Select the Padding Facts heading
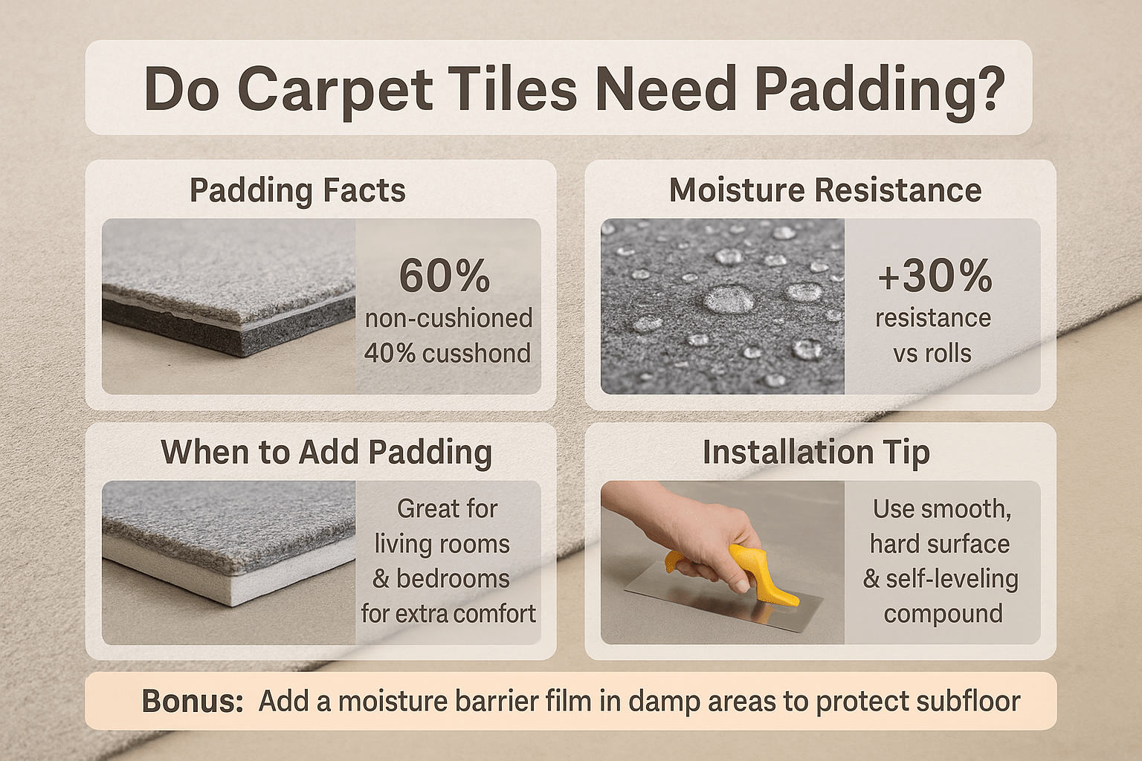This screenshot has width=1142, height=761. [297, 191]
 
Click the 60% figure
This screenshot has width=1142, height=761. [444, 276]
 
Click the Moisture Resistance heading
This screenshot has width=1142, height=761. [825, 190]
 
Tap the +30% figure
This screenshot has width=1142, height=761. [935, 276]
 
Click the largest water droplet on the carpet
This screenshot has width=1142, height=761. [728, 298]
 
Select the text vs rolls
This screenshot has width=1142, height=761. [932, 353]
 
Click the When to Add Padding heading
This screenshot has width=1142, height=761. [327, 452]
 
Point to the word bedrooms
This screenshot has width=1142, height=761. [454, 578]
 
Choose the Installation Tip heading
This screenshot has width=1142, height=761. [816, 452]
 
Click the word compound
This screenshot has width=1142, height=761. [943, 614]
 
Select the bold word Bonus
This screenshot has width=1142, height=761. [193, 701]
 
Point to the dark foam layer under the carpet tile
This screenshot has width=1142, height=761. [230, 326]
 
